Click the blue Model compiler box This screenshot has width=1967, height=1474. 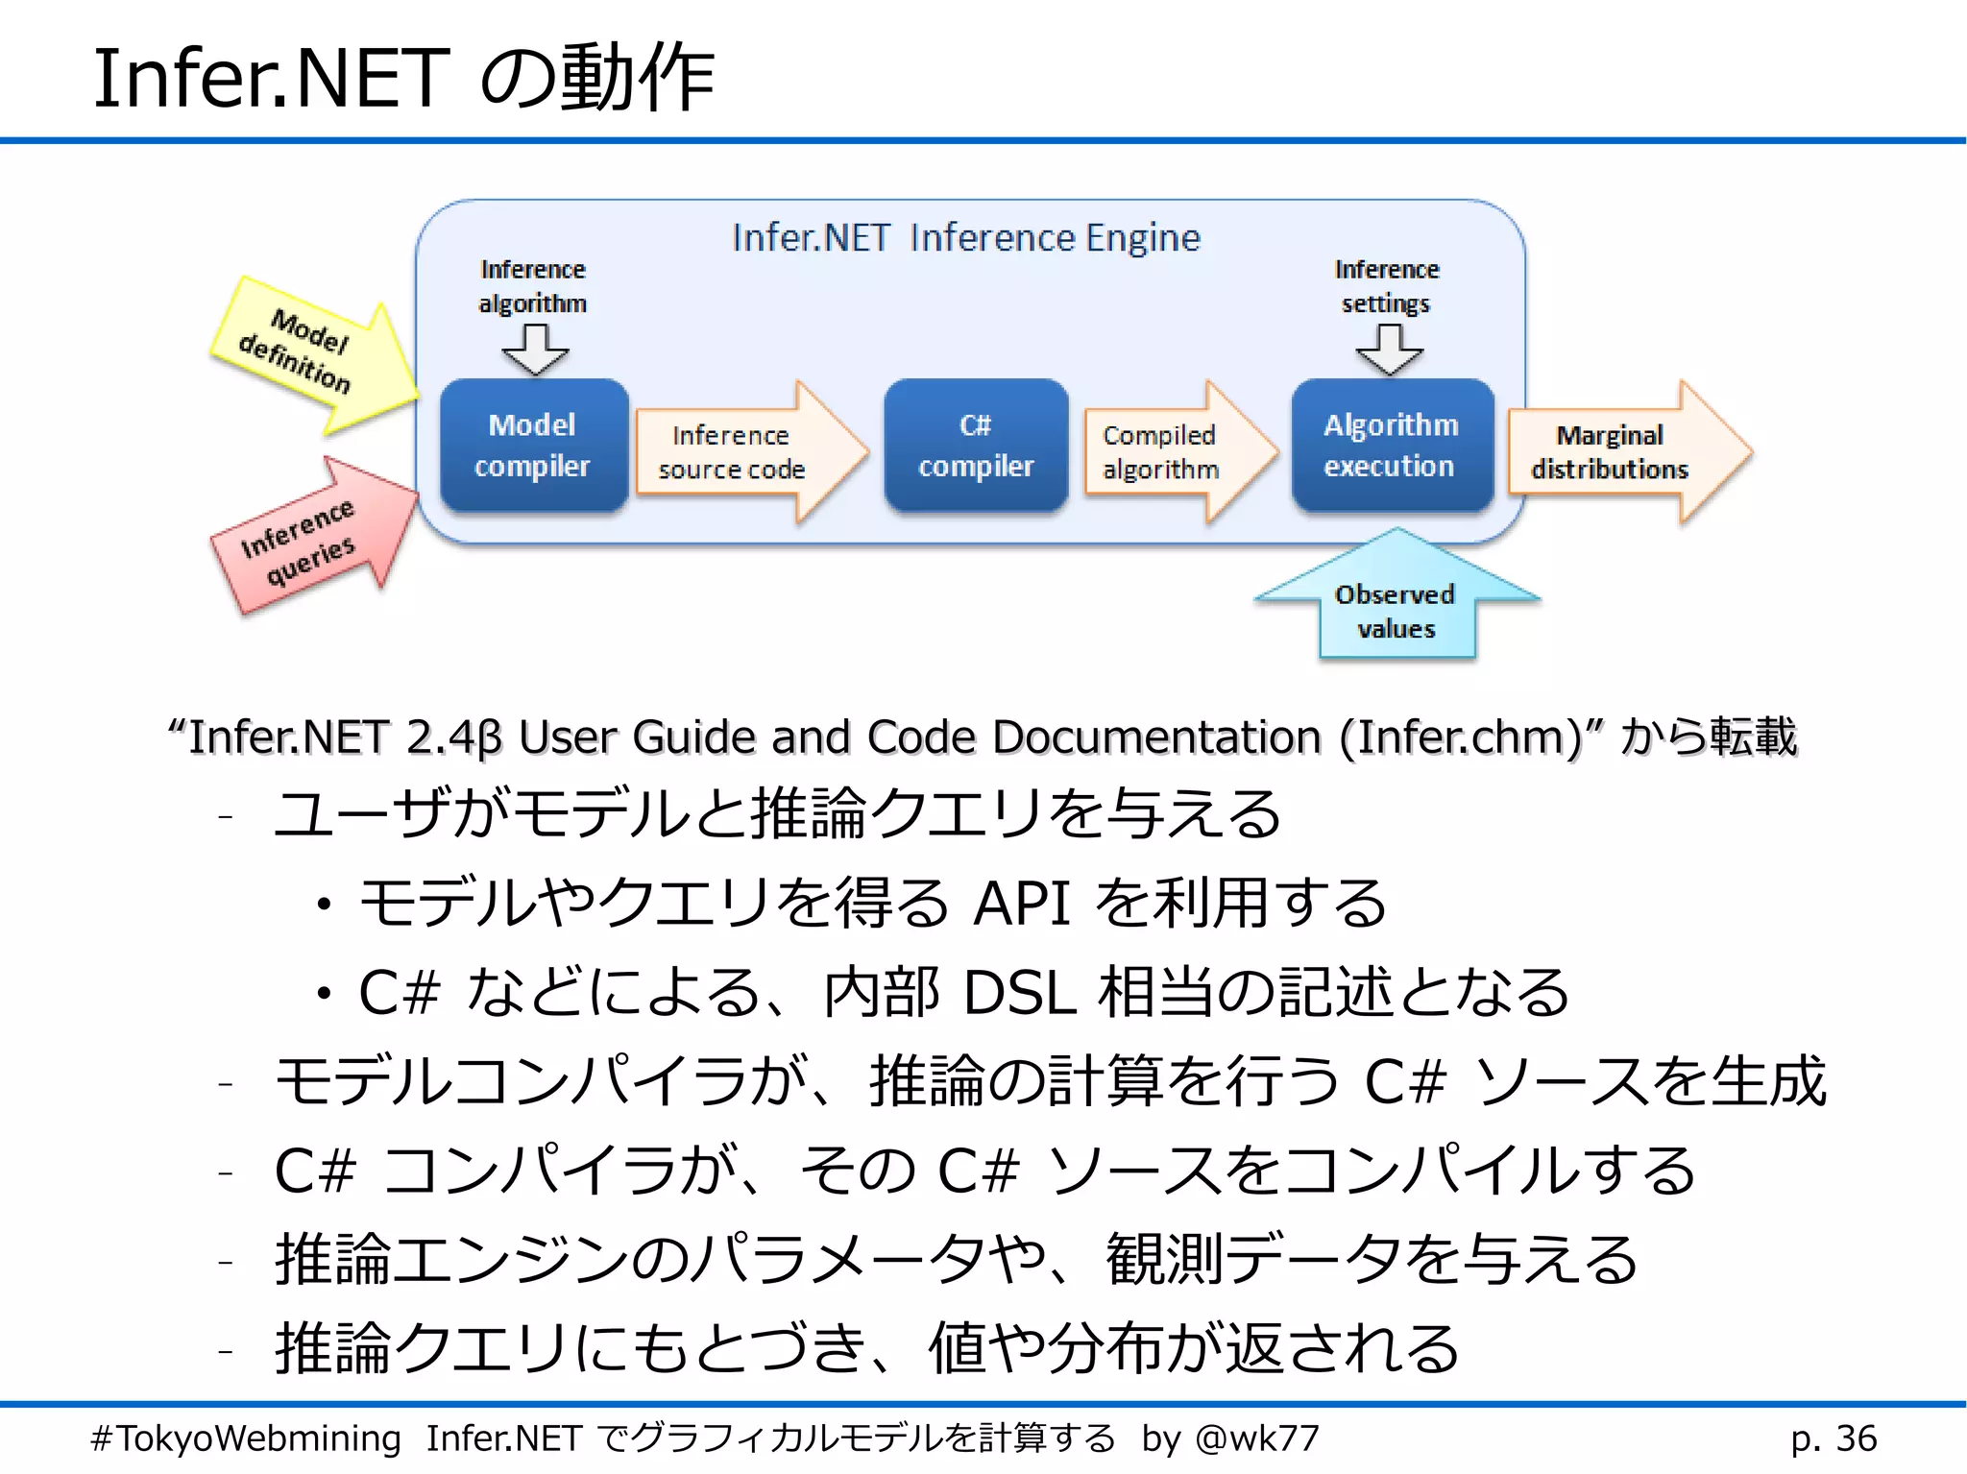(x=533, y=446)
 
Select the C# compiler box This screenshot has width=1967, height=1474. (x=976, y=446)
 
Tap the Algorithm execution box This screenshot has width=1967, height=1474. (x=1391, y=446)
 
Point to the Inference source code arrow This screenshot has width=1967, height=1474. (x=740, y=452)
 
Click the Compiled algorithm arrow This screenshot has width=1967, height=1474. (x=1167, y=452)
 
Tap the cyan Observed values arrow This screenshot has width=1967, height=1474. (x=1396, y=605)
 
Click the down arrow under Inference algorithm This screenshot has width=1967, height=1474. (x=535, y=349)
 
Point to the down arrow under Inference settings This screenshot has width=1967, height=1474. (x=1389, y=349)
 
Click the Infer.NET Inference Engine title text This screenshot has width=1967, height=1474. (x=965, y=237)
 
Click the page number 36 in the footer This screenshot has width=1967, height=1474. (x=1856, y=1438)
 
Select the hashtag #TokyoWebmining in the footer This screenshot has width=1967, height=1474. (x=246, y=1438)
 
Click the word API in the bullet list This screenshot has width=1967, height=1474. (x=1020, y=904)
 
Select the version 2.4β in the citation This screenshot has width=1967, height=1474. (x=453, y=737)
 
